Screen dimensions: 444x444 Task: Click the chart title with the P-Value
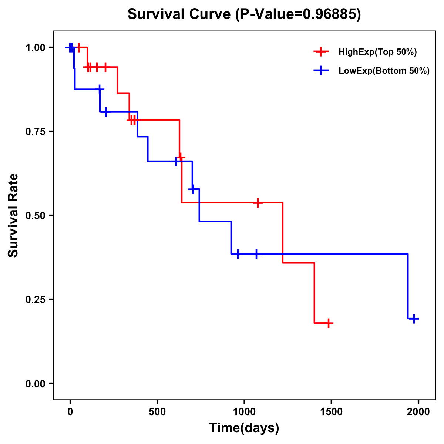[x=244, y=14]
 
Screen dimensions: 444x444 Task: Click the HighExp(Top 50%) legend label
[x=377, y=52]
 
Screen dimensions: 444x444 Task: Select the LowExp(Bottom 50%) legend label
[x=384, y=71]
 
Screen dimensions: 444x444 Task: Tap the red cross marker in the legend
[x=321, y=52]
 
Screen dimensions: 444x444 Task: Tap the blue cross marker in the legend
[x=321, y=71]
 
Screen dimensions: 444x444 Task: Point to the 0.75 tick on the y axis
[x=37, y=131]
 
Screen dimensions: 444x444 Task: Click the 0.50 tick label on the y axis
[x=37, y=215]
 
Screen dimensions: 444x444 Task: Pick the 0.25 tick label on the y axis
[x=37, y=299]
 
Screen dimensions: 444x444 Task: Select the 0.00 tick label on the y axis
[x=37, y=383]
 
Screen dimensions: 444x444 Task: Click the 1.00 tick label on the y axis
[x=37, y=47]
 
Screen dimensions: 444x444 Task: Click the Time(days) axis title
[x=244, y=428]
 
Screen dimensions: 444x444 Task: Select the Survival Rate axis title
[x=13, y=215]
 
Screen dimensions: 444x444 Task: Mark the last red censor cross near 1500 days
[x=328, y=323]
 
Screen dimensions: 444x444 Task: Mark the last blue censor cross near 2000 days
[x=414, y=319]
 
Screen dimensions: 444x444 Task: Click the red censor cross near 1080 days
[x=258, y=203]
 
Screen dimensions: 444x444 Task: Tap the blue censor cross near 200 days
[x=106, y=112]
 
